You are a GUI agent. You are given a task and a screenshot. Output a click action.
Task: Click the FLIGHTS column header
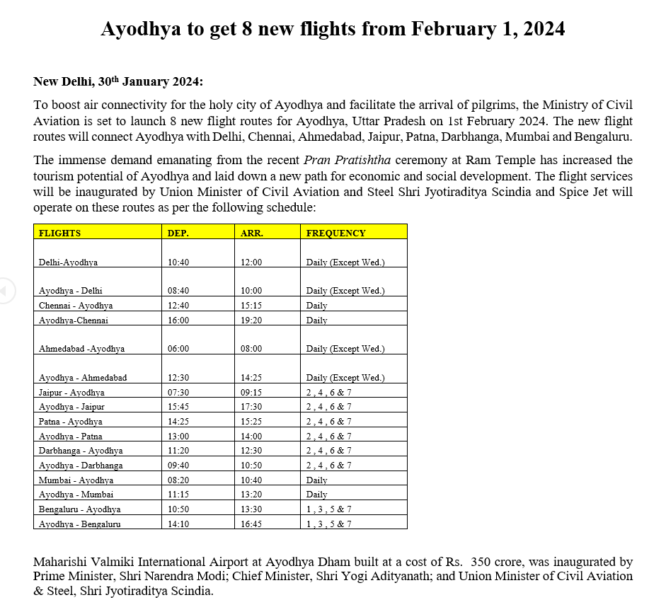click(x=59, y=233)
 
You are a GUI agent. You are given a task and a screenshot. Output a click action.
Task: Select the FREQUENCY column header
click(x=335, y=233)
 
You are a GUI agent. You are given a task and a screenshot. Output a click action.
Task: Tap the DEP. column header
click(x=178, y=233)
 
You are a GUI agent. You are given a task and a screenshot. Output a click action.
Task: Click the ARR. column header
click(x=251, y=233)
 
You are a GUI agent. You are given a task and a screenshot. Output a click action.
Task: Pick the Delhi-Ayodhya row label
click(x=68, y=262)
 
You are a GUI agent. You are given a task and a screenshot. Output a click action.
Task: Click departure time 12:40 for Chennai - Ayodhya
click(x=178, y=306)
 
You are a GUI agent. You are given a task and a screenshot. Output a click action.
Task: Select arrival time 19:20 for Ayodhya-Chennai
click(x=251, y=321)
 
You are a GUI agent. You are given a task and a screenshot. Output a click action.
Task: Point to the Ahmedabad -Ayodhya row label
click(x=81, y=349)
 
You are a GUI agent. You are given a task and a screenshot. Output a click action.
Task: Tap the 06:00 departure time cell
click(x=178, y=349)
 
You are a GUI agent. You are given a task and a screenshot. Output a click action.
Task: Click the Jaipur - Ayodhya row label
click(x=71, y=393)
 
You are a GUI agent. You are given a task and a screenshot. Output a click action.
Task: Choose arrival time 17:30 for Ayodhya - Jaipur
click(x=251, y=407)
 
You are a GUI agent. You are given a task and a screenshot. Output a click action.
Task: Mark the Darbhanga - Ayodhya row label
click(x=81, y=451)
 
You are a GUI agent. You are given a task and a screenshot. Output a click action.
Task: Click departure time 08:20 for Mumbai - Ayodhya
click(x=178, y=480)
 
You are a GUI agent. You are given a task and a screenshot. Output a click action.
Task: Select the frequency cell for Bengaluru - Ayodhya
click(x=328, y=509)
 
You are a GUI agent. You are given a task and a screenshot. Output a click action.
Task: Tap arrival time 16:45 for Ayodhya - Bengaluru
click(x=251, y=524)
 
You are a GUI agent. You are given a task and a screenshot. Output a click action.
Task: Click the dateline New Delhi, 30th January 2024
click(x=118, y=82)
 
